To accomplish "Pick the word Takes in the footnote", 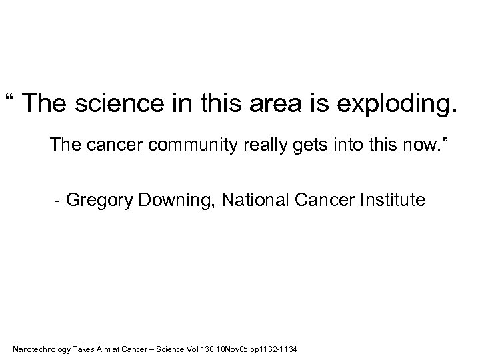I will (83, 349).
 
